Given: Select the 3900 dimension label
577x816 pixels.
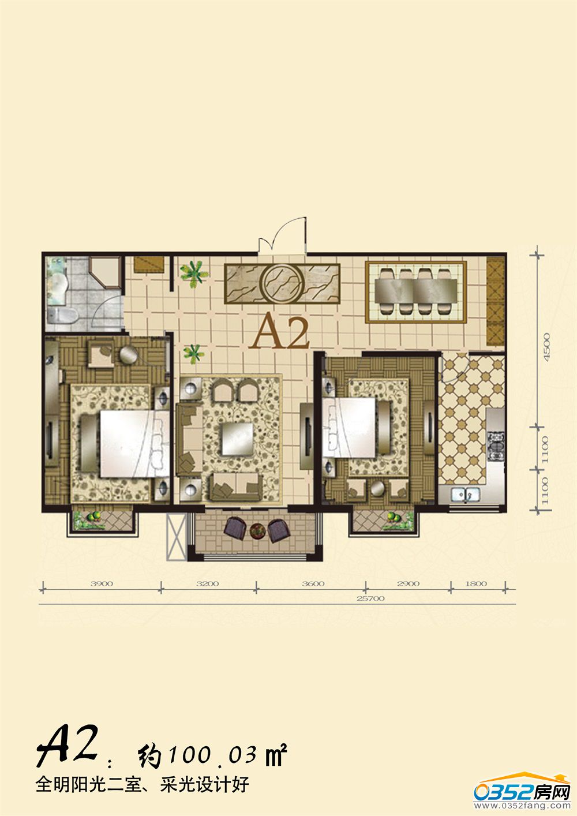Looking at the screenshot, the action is click(x=102, y=583).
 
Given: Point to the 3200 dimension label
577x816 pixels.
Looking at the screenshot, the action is click(x=208, y=583).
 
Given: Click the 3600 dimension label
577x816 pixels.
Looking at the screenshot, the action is click(x=313, y=583).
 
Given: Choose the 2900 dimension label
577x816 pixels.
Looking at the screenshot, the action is click(x=409, y=583).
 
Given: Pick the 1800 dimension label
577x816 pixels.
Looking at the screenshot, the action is click(x=476, y=583).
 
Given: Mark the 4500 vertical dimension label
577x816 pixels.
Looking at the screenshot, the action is click(x=546, y=347).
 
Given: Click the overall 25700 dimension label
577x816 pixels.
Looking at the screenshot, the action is click(x=370, y=598).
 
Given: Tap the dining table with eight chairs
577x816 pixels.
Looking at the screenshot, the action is click(x=416, y=291).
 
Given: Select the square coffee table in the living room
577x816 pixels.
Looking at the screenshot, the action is click(x=238, y=439).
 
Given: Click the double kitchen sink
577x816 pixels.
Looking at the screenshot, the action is click(x=466, y=494).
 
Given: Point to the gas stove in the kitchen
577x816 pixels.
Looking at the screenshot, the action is click(x=496, y=446).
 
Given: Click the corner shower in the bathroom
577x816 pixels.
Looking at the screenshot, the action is click(x=104, y=273).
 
